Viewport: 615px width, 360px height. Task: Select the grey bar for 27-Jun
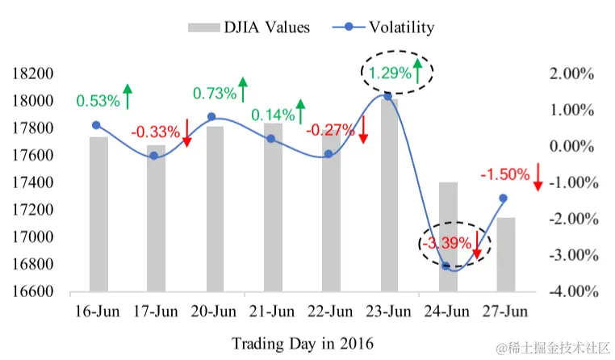point(506,253)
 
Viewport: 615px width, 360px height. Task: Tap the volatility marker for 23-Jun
point(388,96)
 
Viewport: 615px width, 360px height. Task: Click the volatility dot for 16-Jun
point(97,125)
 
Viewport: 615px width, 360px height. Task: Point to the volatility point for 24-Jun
point(446,266)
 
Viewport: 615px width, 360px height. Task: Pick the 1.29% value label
point(388,73)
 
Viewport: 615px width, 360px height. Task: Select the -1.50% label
point(505,174)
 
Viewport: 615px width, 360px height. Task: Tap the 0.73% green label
point(214,94)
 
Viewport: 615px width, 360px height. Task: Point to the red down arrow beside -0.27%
point(363,129)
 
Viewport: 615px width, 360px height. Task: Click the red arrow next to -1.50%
point(538,177)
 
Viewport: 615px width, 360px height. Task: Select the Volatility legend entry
point(383,27)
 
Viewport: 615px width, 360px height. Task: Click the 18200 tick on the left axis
point(34,73)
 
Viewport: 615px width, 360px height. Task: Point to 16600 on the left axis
point(34,291)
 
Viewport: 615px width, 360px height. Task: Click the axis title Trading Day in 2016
point(303,343)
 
